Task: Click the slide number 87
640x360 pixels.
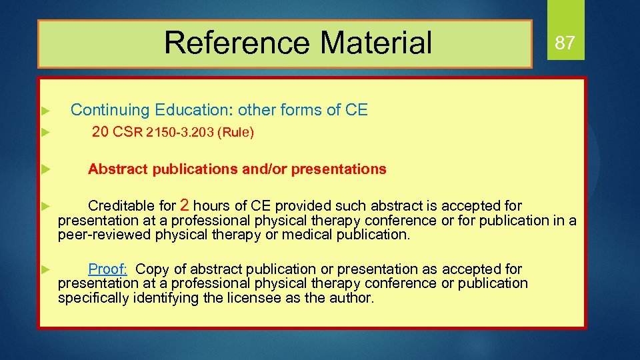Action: pos(565,43)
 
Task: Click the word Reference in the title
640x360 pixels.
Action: pos(237,43)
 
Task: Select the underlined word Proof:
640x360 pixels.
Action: pos(108,269)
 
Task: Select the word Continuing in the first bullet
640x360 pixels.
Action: pos(110,110)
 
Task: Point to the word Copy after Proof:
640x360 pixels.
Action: pos(153,269)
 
